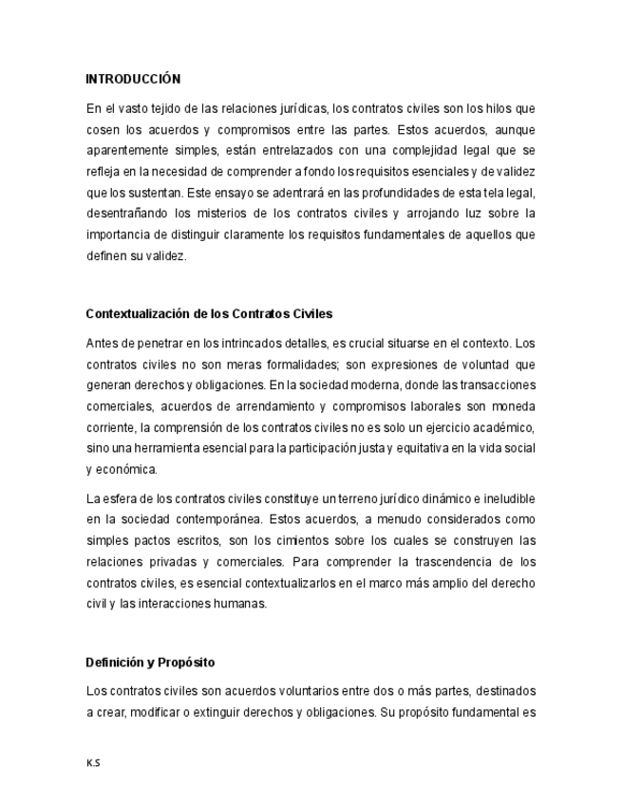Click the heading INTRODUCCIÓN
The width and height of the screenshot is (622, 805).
coord(133,79)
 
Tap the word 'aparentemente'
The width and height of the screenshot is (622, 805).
coord(127,151)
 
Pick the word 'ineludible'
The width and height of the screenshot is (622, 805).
coord(507,498)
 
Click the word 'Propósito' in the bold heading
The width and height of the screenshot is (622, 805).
coord(188,662)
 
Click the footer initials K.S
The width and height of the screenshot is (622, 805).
coord(92,762)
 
